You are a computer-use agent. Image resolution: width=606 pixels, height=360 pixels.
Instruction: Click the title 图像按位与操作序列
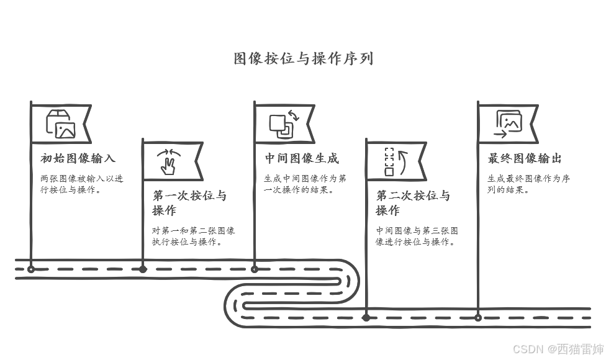[304, 59]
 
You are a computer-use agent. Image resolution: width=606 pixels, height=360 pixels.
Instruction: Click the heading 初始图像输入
[78, 158]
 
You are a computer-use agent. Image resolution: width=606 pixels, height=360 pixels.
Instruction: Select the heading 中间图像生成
[302, 158]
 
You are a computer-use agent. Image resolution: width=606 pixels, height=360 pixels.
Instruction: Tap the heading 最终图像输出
[525, 158]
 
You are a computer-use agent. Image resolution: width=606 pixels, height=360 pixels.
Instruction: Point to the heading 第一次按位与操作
[189, 203]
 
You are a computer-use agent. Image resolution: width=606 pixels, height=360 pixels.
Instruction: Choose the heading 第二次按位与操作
[413, 203]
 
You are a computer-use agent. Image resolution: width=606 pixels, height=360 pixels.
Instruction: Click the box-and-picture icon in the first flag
[61, 124]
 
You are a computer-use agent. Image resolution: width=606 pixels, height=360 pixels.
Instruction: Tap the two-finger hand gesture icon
[169, 162]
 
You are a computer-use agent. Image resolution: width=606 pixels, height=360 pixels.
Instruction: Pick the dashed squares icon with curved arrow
[396, 162]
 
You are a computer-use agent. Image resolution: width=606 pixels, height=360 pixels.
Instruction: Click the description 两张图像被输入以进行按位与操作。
[82, 184]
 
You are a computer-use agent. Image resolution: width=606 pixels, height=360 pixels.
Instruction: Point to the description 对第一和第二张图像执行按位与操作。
[193, 236]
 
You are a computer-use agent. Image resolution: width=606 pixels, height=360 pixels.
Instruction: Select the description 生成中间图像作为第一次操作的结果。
[305, 184]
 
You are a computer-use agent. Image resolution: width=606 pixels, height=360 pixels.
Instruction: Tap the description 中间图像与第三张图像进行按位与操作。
[417, 236]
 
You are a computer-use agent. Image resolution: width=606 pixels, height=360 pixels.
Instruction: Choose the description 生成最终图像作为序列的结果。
[528, 184]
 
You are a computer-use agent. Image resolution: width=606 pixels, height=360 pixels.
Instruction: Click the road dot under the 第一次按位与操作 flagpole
[143, 269]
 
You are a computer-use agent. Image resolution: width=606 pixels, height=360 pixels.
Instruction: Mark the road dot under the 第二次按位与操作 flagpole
[366, 318]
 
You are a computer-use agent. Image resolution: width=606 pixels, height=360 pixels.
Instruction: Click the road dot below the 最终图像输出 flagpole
[478, 318]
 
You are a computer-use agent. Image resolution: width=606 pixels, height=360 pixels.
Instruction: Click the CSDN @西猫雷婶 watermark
[558, 349]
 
